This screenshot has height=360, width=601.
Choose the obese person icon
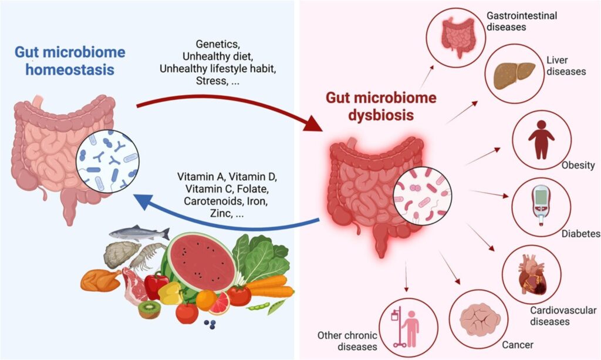[x=541, y=140]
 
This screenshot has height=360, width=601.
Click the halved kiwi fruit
[x=149, y=309]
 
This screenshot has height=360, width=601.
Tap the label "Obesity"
[x=578, y=165]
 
